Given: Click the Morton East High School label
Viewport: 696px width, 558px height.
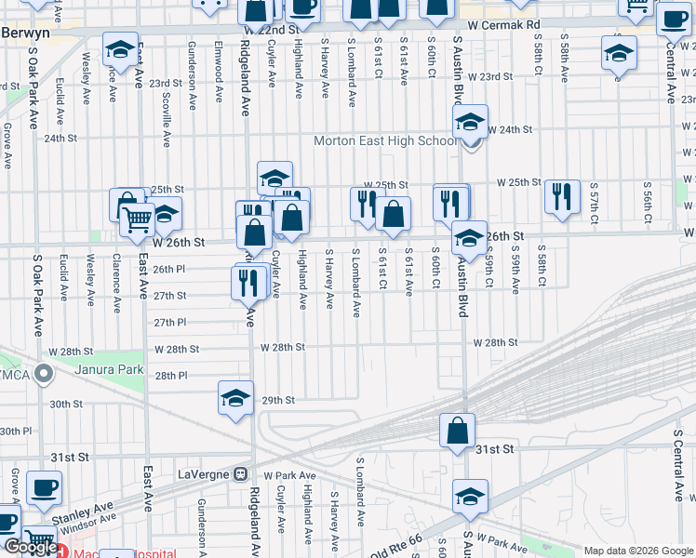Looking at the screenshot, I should point(384,141).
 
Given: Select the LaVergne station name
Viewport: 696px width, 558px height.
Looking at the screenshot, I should point(202,473).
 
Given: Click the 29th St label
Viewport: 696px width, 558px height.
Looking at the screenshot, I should point(277,400).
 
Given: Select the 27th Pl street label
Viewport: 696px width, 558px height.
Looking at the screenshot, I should point(170,322).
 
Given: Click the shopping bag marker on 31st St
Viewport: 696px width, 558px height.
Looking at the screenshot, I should point(458,432).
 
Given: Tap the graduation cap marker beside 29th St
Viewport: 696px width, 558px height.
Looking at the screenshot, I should point(236,398).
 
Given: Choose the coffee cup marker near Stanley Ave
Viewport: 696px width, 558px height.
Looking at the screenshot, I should point(43,486).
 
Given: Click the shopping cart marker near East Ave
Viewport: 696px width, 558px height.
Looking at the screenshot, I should point(138,220).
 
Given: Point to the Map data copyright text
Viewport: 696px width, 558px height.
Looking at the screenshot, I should point(638,551).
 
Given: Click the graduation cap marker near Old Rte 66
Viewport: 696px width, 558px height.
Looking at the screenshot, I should point(471,498).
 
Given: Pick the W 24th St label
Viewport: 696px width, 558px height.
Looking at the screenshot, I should point(510,130).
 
